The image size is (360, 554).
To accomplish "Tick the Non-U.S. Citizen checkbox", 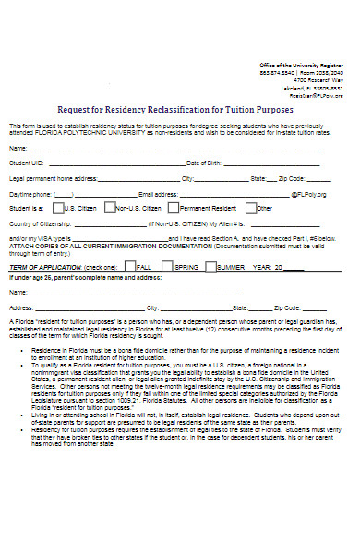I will pyautogui.click(x=110, y=207).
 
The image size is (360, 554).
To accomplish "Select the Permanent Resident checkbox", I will pyautogui.click(x=176, y=207).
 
